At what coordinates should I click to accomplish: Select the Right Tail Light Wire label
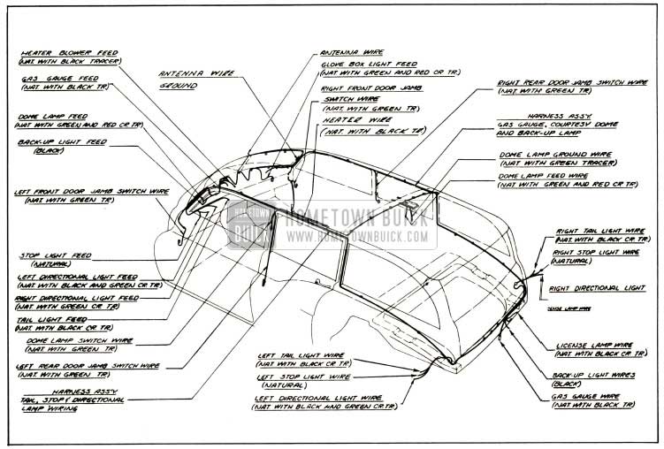(595, 230)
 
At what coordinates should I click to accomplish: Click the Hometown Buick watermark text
(354, 218)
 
